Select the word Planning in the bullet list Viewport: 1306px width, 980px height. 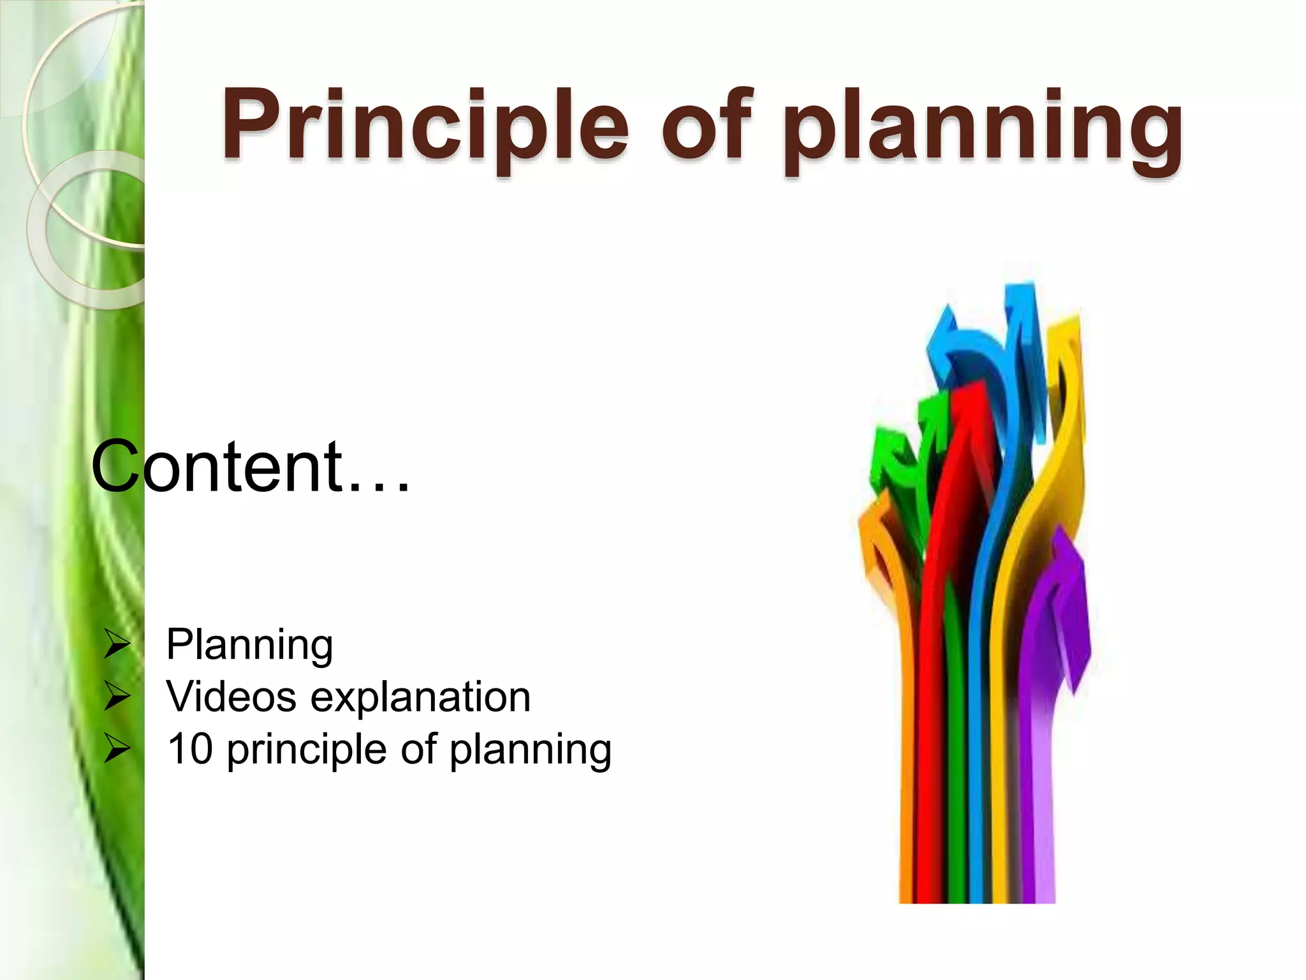click(x=249, y=645)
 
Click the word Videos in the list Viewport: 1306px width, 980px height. click(x=231, y=697)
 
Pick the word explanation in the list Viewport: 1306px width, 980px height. click(x=420, y=698)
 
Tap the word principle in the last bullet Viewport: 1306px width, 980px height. click(x=306, y=750)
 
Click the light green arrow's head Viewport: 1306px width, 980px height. click(x=893, y=447)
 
